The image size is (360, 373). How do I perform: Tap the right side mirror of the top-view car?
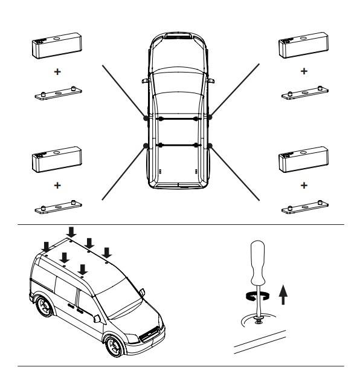tap(211, 80)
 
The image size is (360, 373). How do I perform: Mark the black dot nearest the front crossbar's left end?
tap(146, 119)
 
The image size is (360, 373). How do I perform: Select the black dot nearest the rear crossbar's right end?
tap(210, 145)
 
